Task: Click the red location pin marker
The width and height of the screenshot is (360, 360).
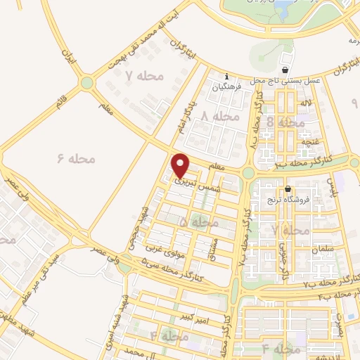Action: click(181, 165)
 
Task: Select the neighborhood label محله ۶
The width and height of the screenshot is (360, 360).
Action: click(75, 159)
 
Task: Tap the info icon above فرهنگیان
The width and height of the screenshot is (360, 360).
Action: click(226, 77)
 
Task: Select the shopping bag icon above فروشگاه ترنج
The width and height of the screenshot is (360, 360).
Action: click(288, 188)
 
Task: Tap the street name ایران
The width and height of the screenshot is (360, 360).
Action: click(68, 54)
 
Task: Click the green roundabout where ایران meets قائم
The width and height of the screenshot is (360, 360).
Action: click(87, 83)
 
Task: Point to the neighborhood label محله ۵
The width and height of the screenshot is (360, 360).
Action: click(199, 222)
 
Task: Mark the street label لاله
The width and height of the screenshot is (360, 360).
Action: click(306, 104)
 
